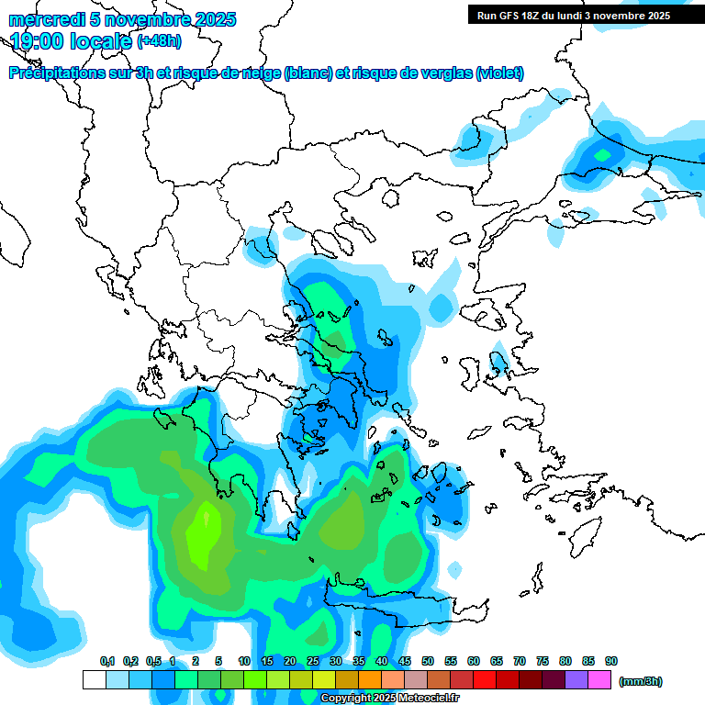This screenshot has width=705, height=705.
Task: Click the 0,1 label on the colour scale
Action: point(107,661)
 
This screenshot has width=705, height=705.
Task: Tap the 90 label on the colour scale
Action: point(611,661)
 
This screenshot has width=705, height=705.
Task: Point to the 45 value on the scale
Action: point(405,661)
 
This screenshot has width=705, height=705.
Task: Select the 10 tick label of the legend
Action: point(244,661)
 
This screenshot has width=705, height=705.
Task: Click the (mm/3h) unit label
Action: point(641,681)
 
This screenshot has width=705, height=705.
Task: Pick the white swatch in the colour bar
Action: point(94,679)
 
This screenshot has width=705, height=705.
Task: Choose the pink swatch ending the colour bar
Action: point(599,679)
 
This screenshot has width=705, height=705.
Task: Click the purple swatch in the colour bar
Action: point(576,679)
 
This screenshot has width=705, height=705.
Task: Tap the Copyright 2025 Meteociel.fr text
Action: point(390,699)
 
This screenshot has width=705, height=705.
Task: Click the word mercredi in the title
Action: point(41,19)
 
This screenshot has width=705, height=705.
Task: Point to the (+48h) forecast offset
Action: point(160,41)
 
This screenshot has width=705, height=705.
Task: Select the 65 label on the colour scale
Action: point(497,661)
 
